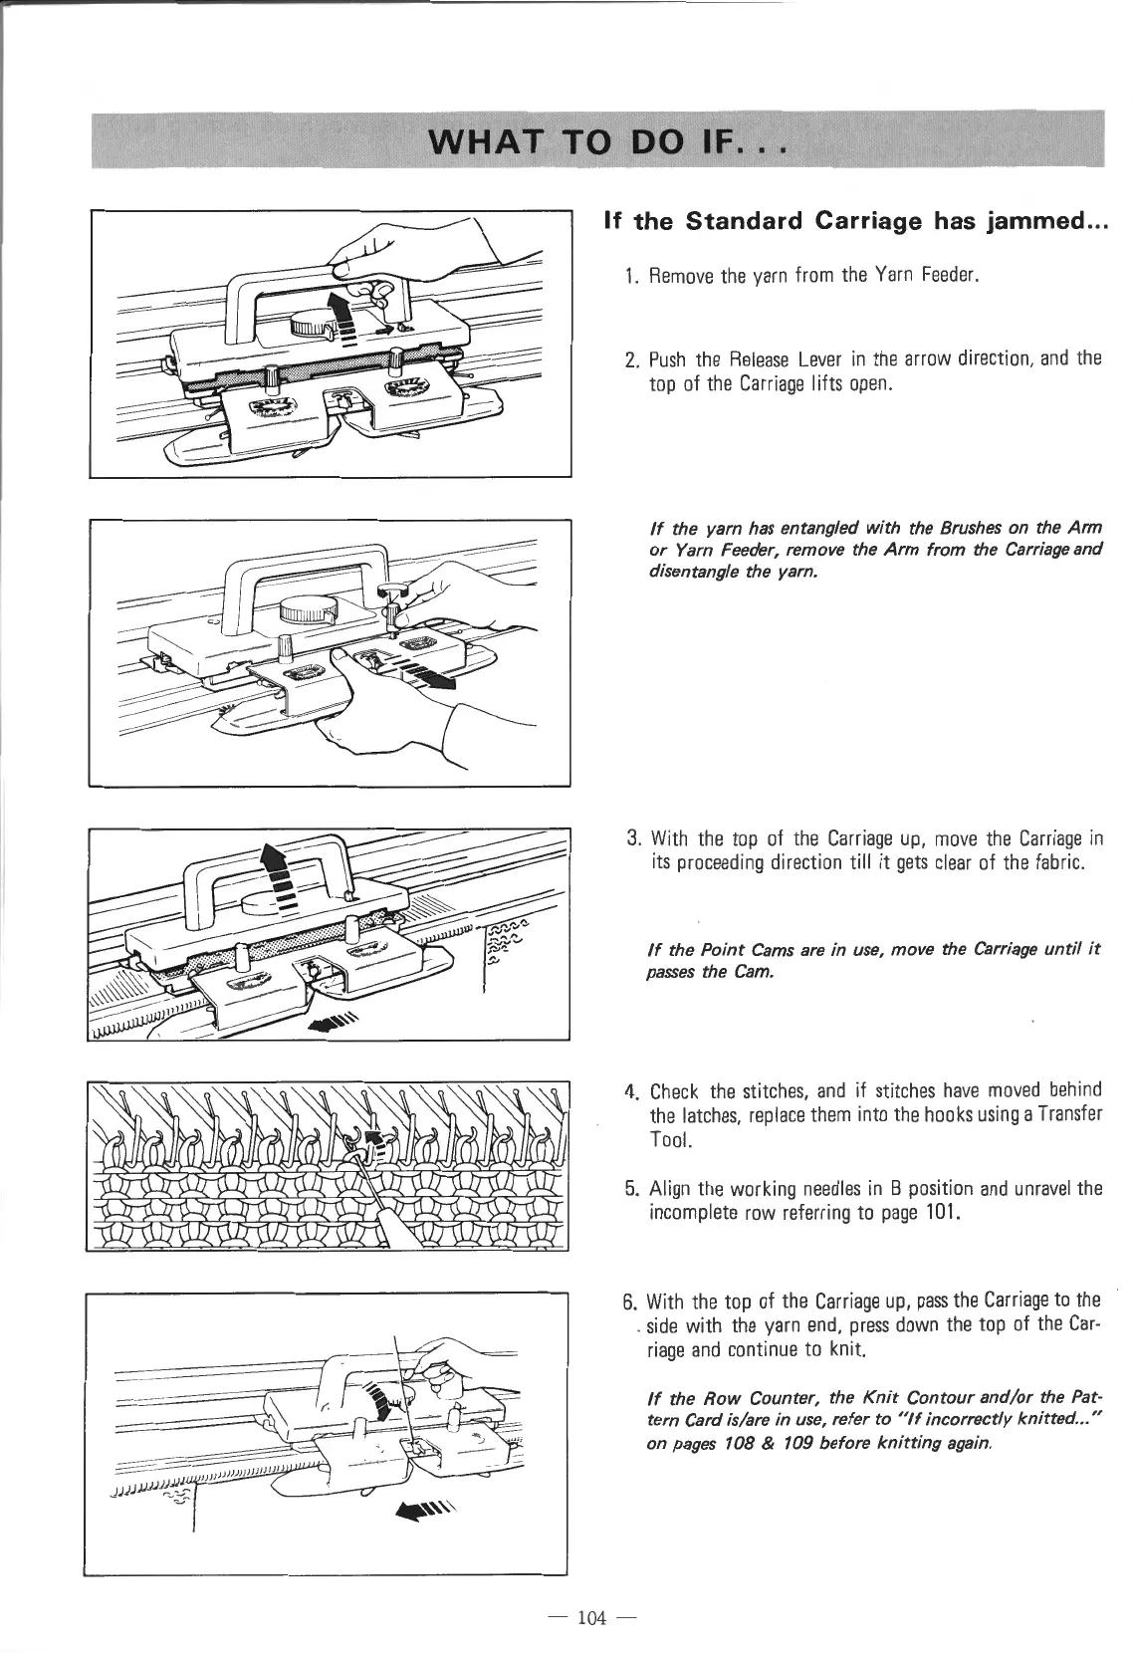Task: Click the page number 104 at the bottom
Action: (x=591, y=1616)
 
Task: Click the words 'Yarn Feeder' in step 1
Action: (x=928, y=275)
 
